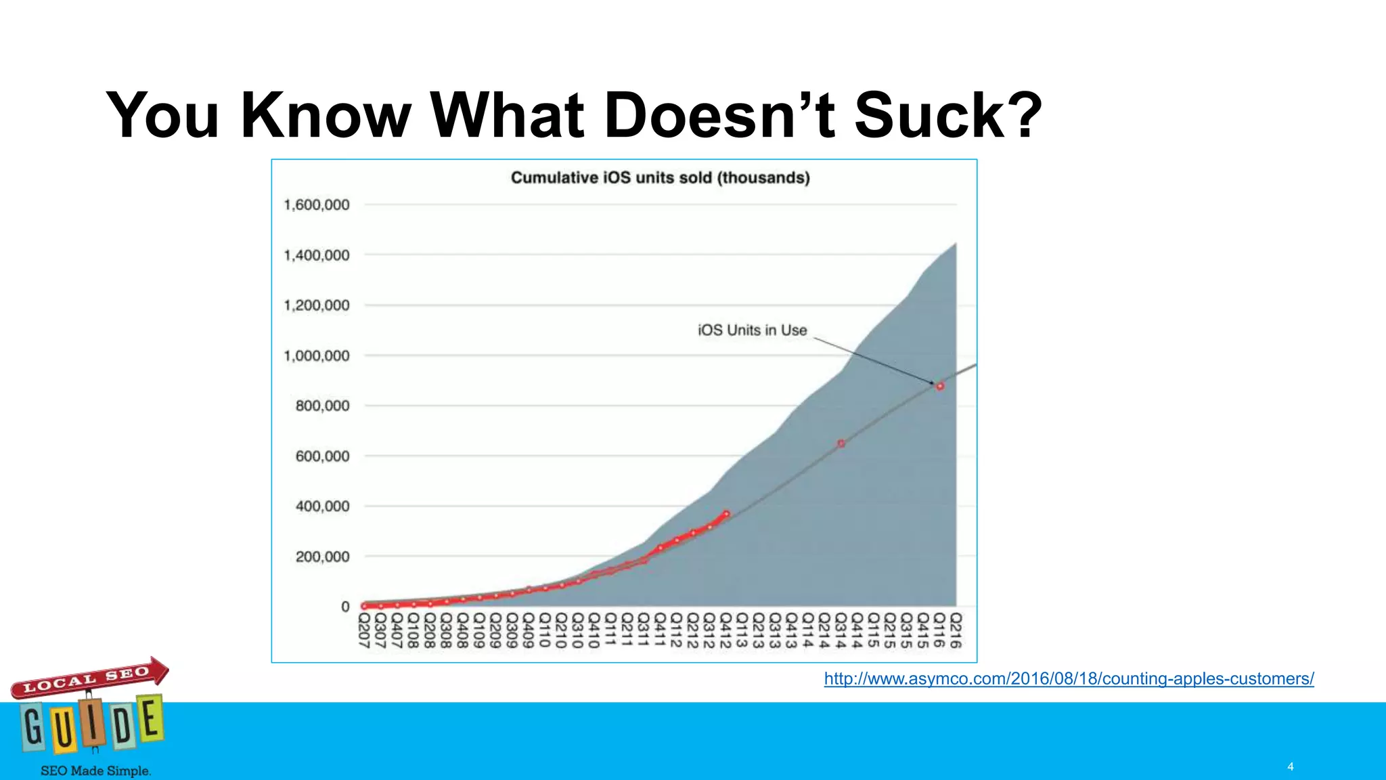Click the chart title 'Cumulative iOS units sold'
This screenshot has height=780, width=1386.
[660, 177]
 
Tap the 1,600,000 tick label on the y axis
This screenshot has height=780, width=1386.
[317, 204]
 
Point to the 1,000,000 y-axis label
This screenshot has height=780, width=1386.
[317, 355]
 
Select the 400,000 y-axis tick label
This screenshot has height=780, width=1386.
[322, 506]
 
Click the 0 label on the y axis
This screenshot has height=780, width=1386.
[345, 607]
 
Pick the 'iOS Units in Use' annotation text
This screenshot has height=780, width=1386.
[752, 330]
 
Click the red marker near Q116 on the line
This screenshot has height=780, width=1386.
[939, 386]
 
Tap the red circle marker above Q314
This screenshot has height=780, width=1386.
[841, 443]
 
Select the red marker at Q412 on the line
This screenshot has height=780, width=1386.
[726, 514]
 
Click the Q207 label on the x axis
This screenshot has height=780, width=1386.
[364, 630]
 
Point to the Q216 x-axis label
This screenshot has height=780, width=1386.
[956, 630]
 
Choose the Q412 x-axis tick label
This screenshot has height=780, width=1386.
[725, 630]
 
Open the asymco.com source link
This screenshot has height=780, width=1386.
[1069, 678]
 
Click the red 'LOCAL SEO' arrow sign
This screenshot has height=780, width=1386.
[88, 678]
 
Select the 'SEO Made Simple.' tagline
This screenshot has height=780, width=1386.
[95, 771]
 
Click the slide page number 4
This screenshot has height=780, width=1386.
[1291, 766]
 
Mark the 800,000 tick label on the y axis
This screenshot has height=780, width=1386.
[322, 406]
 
